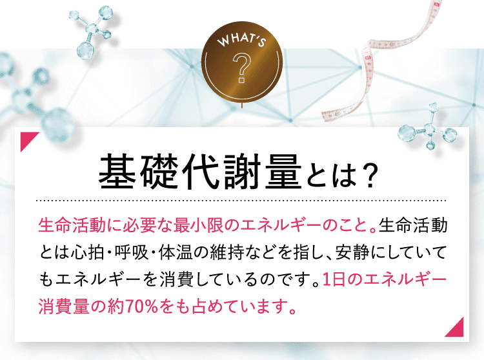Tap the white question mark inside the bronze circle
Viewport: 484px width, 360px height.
(241, 69)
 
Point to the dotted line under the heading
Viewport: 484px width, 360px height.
(242, 200)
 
